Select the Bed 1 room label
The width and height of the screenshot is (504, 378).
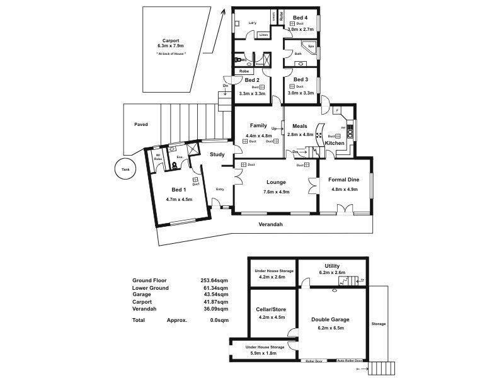click(x=178, y=190)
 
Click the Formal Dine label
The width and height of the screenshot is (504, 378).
click(x=343, y=180)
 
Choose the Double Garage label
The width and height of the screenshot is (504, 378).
click(x=330, y=319)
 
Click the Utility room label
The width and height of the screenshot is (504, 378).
click(x=332, y=266)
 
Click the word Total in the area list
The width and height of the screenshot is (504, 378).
click(x=139, y=320)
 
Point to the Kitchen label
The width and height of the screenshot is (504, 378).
click(x=335, y=144)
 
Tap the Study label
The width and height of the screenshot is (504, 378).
click(x=217, y=154)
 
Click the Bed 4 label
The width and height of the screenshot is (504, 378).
click(x=301, y=17)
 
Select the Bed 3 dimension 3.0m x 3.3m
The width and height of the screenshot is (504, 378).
click(x=301, y=93)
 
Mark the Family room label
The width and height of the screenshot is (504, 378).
click(x=258, y=125)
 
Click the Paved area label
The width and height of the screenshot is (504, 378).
click(x=141, y=125)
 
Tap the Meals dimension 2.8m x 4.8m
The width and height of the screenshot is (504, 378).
click(x=300, y=134)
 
